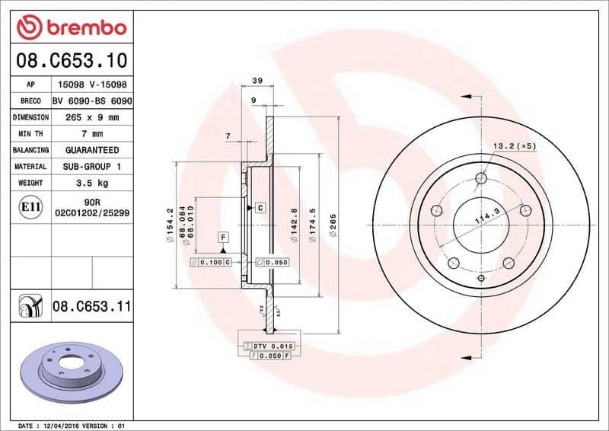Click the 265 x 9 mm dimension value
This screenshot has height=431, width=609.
coord(92,117)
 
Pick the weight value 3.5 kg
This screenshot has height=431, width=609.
coord(92,183)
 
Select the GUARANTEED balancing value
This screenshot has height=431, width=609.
coord(92,150)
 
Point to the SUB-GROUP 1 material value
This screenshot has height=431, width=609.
coord(92,166)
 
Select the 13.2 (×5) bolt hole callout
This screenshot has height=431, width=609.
coord(515,145)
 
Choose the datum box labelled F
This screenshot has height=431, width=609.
coord(223,237)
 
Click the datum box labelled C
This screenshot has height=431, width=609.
coord(260,207)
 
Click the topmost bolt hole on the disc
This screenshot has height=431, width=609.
coord(481,179)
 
